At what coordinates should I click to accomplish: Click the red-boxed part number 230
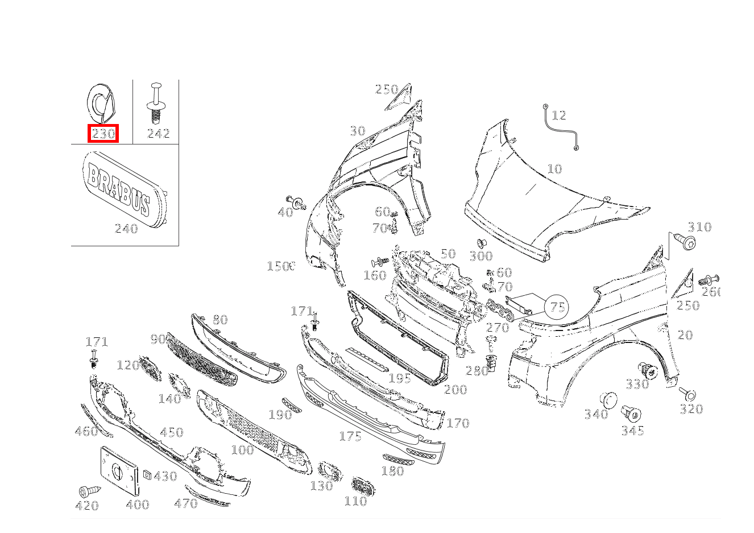point(103,134)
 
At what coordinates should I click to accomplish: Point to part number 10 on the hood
point(554,169)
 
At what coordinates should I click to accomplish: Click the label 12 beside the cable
point(559,115)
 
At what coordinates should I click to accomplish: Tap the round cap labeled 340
point(608,399)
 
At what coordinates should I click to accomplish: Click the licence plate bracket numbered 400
point(119,471)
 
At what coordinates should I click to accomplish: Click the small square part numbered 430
point(147,476)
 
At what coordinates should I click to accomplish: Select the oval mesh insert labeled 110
point(362,486)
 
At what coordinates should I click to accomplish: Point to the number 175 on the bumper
point(350,436)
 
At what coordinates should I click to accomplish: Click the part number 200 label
point(455,390)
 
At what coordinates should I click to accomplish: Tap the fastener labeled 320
point(689,394)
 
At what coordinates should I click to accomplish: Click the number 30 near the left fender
point(357,131)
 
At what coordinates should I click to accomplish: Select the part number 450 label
point(171,433)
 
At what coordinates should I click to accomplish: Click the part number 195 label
point(399,378)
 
